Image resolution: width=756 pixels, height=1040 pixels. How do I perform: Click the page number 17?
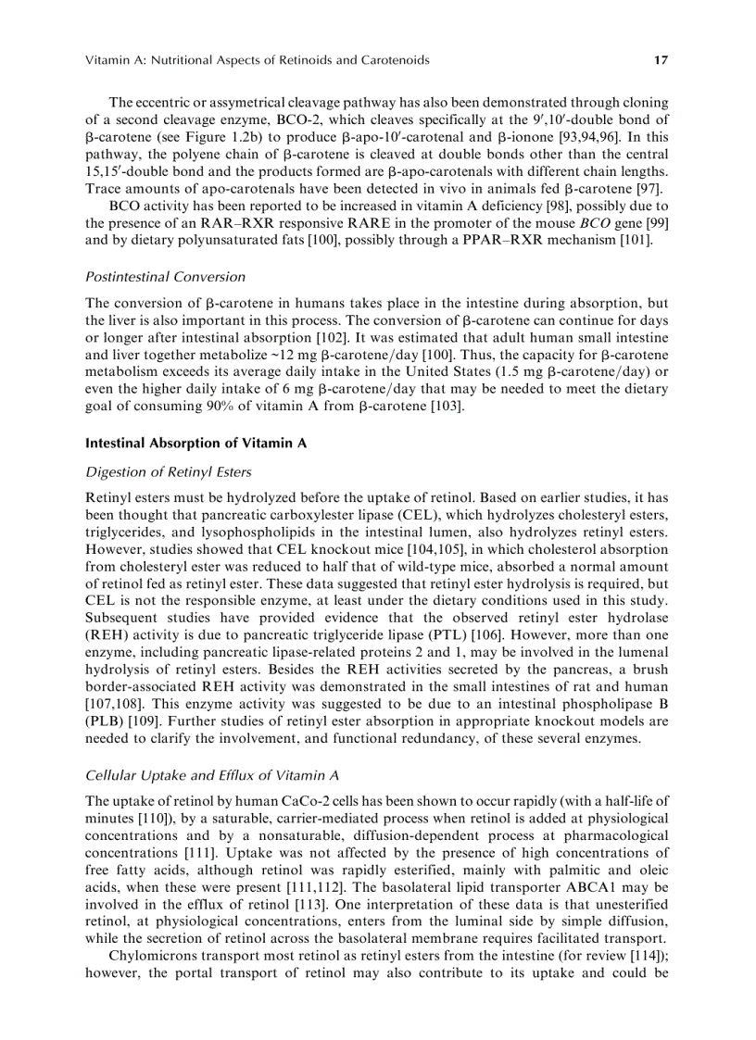pyautogui.click(x=661, y=60)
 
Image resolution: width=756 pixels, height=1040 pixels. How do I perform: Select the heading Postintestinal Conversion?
pyautogui.click(x=165, y=276)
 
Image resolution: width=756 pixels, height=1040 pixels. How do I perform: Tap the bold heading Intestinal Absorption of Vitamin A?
pyautogui.click(x=195, y=444)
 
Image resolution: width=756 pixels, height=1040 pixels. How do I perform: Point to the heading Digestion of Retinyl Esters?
pyautogui.click(x=168, y=472)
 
